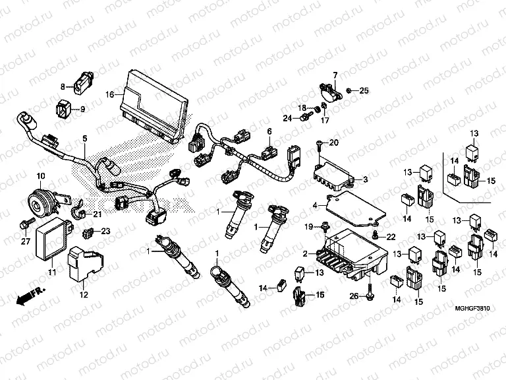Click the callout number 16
(x=110, y=95)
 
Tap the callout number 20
(x=333, y=143)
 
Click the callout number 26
(x=354, y=296)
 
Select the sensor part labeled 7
(x=329, y=91)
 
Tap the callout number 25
(x=364, y=90)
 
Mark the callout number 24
(x=288, y=119)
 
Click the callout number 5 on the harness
(x=84, y=139)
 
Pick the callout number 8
(x=63, y=86)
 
